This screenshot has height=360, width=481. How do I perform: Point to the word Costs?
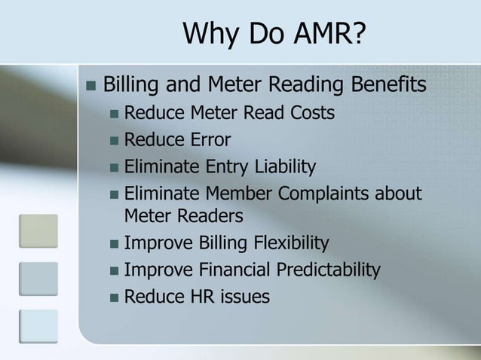click(x=306, y=114)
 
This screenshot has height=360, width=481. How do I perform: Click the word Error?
click(x=209, y=139)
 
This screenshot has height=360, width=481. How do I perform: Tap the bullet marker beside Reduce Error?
click(x=113, y=140)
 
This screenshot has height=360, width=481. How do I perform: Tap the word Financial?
click(x=232, y=269)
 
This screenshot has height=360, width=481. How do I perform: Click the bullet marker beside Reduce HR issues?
click(x=113, y=296)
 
